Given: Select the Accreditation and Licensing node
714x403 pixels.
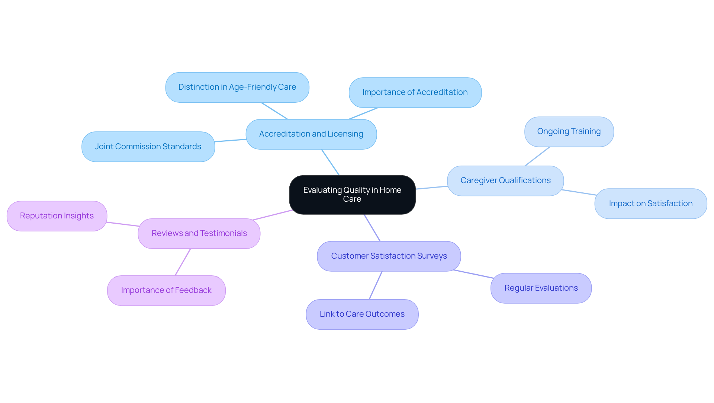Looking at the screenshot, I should (x=311, y=134).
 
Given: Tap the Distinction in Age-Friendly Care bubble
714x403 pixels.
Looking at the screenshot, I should (x=237, y=87).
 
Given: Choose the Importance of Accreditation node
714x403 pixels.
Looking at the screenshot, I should (x=415, y=93).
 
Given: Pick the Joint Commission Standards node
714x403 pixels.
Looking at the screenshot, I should (x=148, y=147).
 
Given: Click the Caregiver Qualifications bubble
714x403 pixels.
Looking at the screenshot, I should (x=505, y=181).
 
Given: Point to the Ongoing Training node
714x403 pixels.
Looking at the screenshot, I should (x=569, y=132).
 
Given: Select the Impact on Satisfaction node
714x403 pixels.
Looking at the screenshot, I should (x=650, y=204).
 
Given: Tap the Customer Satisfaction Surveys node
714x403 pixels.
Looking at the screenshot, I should (x=389, y=256).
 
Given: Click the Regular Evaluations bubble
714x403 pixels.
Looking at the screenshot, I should (x=541, y=288).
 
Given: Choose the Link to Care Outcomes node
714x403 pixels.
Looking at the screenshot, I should (x=362, y=314).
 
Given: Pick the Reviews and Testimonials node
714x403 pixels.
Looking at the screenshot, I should (x=199, y=234).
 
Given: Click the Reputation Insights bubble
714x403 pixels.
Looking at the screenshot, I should (x=57, y=216).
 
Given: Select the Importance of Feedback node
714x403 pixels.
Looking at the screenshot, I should (x=166, y=291).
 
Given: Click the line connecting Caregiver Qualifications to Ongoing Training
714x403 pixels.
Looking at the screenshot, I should (x=537, y=156).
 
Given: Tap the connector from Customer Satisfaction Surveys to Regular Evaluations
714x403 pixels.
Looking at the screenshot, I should (x=473, y=274).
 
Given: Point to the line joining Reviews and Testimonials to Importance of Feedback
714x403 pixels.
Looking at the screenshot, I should (x=183, y=262).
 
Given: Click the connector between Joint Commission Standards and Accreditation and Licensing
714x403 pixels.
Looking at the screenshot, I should (x=230, y=140).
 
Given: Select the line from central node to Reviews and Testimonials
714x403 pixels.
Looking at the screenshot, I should (x=273, y=215).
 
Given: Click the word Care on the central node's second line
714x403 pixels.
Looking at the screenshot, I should (x=352, y=199).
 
